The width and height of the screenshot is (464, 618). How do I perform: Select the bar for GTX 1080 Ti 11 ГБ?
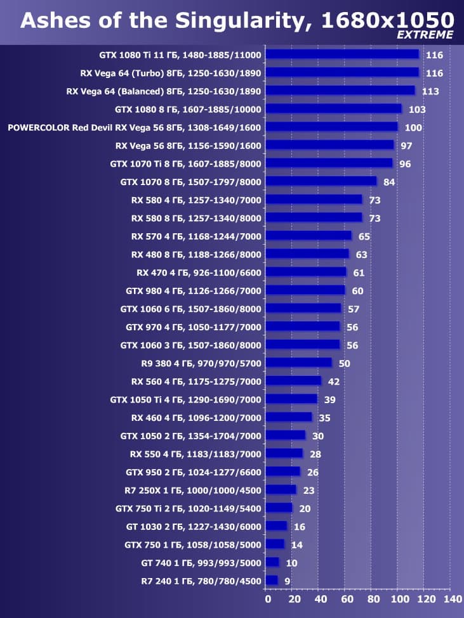point(342,55)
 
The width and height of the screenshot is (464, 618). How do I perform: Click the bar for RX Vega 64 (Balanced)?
point(340,91)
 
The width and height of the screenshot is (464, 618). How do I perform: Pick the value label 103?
point(417,110)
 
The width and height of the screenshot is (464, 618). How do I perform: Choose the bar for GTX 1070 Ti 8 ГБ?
point(329,164)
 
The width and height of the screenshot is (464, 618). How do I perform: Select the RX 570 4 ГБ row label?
point(196,236)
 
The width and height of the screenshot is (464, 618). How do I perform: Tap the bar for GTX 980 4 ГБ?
point(305,290)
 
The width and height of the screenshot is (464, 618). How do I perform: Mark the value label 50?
point(345,363)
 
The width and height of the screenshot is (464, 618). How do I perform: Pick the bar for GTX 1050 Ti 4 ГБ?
point(291,399)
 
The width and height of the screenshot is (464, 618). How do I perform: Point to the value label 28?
point(315,454)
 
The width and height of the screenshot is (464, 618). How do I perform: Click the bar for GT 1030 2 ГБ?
point(276,526)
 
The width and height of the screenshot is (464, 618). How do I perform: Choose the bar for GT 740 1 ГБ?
point(272,562)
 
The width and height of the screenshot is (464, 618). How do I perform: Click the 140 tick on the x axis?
point(453,599)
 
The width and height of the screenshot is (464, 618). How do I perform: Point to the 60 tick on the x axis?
point(346,599)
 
